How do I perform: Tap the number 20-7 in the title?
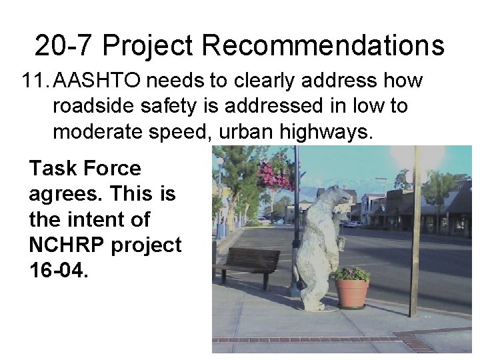tap(65, 45)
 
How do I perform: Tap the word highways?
tap(327, 132)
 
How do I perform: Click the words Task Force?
tap(85, 169)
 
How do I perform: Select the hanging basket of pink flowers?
tap(276, 173)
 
